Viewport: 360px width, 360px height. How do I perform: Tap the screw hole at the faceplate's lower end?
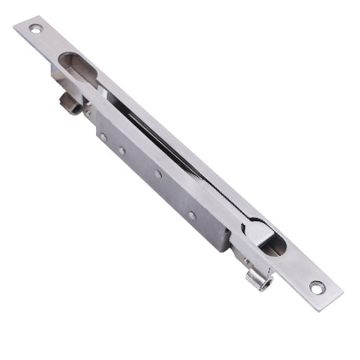pos(316,286)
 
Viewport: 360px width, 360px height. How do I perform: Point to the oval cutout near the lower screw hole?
pos(273,243)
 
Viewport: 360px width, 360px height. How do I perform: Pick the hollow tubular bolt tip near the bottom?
pos(256,283)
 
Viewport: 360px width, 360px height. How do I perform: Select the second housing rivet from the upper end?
pos(122,151)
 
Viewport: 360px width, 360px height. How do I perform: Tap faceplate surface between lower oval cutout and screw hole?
pos(297,267)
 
